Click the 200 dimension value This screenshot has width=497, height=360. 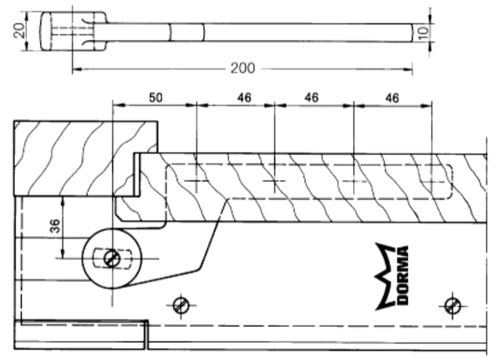(242, 68)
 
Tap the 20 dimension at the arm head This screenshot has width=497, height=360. (20, 30)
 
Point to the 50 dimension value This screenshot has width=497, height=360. (155, 97)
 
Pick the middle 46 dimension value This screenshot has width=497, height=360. (313, 97)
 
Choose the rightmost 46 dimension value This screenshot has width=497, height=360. (391, 97)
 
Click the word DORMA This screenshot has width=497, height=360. (402, 276)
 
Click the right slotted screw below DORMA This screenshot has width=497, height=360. (453, 304)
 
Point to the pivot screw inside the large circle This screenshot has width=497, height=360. (112, 259)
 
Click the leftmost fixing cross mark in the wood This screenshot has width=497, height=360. (196, 181)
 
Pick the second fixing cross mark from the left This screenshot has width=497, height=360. (274, 181)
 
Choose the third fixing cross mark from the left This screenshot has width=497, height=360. (353, 181)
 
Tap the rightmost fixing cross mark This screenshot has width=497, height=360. (432, 181)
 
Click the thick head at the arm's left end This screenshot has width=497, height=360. (52, 31)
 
